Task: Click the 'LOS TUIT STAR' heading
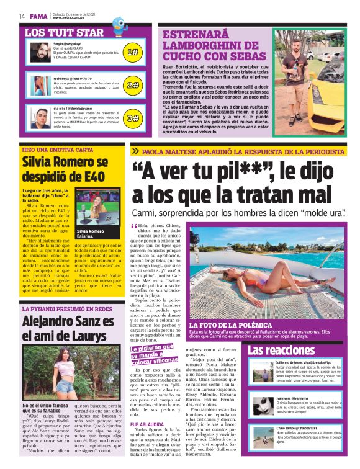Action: click(x=64, y=32)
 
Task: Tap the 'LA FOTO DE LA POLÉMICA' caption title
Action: click(x=230, y=324)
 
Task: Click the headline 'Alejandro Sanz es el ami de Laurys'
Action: click(x=68, y=329)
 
